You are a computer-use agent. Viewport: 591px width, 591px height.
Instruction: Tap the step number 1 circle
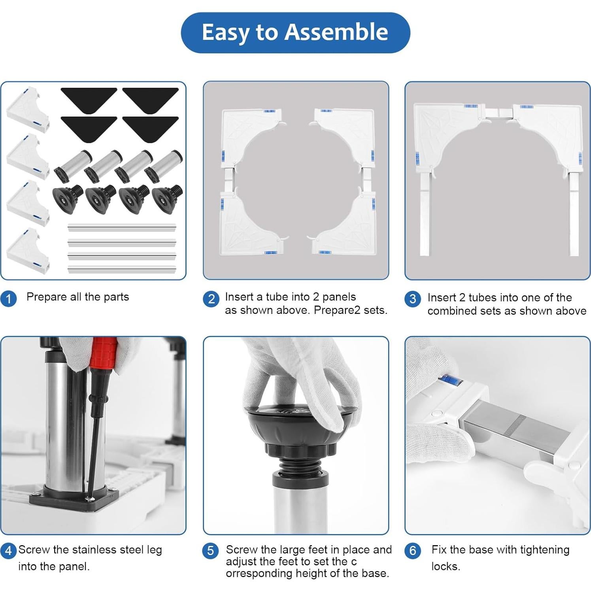point(9,298)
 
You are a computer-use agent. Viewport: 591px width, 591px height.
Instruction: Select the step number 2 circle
point(211,299)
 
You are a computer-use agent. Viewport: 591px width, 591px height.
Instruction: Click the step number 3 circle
point(413,299)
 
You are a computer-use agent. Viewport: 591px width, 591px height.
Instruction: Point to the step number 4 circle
point(9,551)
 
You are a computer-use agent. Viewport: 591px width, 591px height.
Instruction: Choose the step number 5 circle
point(210,551)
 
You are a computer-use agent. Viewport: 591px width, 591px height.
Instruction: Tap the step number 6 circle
point(413,551)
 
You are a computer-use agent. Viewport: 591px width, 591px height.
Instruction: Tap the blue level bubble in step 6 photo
point(450,380)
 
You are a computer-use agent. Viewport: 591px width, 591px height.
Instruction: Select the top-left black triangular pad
point(88,99)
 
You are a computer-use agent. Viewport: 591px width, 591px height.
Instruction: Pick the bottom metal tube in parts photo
point(122,270)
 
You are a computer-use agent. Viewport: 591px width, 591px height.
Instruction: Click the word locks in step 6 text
point(446,566)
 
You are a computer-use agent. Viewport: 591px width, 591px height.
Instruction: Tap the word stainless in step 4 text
point(93,550)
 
